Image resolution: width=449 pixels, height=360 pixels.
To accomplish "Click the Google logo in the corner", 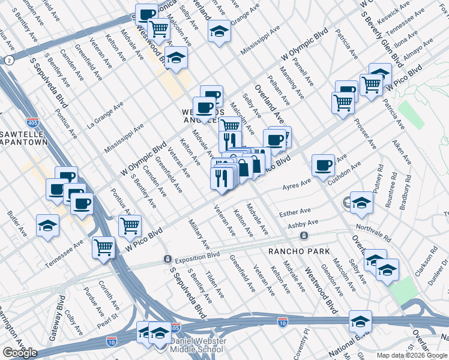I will (x=20, y=353).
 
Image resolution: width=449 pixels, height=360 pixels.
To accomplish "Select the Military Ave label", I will (x=199, y=235).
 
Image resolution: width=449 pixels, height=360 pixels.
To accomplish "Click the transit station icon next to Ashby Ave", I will (x=305, y=236).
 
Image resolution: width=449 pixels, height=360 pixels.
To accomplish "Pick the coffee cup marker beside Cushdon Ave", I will (x=323, y=164).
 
